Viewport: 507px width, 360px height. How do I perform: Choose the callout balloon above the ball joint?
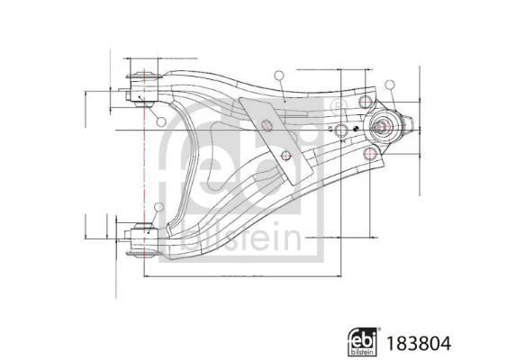390,85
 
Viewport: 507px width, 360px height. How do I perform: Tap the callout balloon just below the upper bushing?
159,121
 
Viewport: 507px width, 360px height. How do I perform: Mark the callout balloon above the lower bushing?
159,209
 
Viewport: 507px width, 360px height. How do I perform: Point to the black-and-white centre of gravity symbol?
357,129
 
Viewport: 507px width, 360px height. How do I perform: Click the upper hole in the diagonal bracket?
267,124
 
